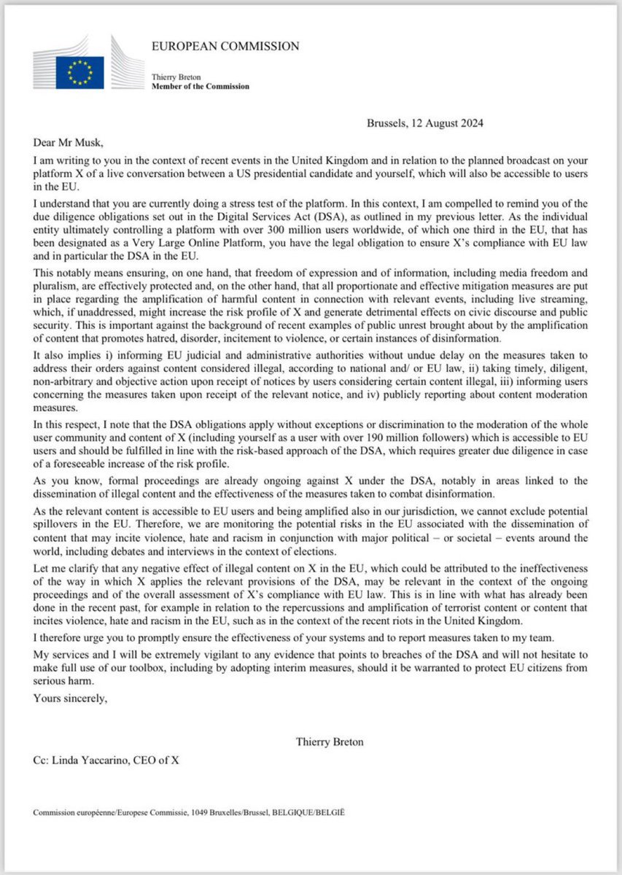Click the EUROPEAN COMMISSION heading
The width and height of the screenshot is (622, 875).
(x=225, y=46)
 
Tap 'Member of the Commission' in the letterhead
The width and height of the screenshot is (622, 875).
(x=200, y=86)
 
